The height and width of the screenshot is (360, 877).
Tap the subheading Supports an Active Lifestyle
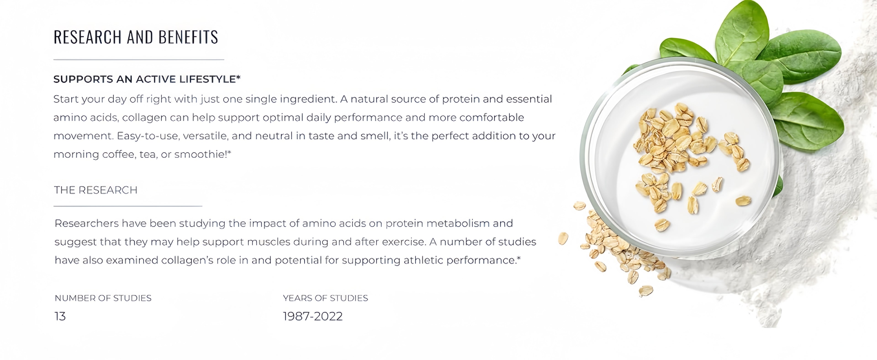tap(147, 79)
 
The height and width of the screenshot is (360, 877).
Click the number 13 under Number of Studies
tap(60, 316)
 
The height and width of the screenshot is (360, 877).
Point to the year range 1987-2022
tap(312, 316)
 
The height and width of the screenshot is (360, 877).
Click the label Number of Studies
tap(103, 298)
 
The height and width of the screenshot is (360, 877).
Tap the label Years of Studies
tap(325, 298)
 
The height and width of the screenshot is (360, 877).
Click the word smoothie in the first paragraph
tap(200, 154)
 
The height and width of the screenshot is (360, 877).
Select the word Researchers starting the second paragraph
tap(87, 223)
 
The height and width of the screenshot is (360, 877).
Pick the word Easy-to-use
tap(148, 136)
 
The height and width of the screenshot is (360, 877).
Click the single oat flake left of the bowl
tap(563, 238)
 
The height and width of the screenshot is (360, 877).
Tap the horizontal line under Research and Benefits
tap(139, 60)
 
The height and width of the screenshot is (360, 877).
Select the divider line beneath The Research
tap(128, 206)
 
